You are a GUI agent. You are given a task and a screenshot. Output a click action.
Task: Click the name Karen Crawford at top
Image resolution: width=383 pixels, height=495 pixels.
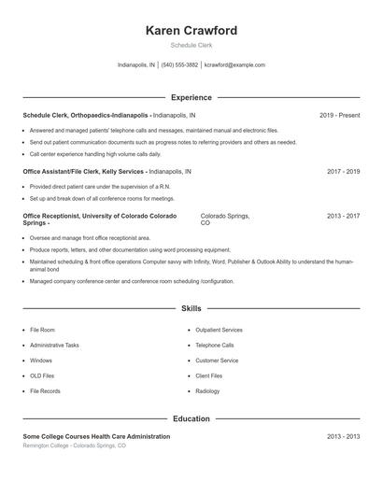[x=191, y=31]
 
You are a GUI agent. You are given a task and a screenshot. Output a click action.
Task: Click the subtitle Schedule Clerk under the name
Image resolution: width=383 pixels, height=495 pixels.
[x=191, y=46]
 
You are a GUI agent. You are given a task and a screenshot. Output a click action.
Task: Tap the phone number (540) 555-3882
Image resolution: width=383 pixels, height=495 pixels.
[x=179, y=65]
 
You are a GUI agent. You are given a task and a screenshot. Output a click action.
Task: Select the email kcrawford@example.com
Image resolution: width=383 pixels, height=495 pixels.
[x=234, y=65]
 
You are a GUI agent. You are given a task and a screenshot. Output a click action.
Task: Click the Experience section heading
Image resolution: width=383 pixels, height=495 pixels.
[x=191, y=97]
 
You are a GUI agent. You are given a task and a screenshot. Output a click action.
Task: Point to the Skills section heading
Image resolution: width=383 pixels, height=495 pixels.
[x=191, y=307]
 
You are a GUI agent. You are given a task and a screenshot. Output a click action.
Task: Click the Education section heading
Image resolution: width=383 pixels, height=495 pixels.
[x=191, y=418]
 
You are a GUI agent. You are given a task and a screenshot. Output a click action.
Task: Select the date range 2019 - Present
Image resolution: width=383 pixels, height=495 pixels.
[x=339, y=115]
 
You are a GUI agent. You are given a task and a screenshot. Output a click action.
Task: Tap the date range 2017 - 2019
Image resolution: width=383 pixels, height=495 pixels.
[x=343, y=172]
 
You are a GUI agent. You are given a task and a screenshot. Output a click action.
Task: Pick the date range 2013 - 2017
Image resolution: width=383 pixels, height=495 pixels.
[x=343, y=216]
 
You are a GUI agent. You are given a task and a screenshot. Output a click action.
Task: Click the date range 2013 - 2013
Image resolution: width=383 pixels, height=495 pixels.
[x=343, y=436]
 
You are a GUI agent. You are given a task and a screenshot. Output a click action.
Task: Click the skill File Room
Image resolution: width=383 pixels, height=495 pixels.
[x=42, y=330]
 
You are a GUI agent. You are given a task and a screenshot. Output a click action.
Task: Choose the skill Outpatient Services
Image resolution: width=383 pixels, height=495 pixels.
[x=219, y=330]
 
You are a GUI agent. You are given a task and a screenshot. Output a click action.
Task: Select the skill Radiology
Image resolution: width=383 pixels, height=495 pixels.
[x=207, y=390]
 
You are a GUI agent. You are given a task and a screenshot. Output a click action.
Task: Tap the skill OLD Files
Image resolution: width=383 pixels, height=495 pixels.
[x=43, y=375]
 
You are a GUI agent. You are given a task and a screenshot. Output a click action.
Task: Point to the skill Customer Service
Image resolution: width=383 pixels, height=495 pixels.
[x=217, y=361]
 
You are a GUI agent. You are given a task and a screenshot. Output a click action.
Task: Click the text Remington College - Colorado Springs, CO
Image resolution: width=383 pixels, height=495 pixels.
[x=74, y=445]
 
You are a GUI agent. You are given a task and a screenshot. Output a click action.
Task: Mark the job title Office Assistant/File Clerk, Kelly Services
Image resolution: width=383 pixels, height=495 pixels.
[x=84, y=172]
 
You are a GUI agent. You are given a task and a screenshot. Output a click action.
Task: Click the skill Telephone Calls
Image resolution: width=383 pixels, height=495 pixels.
[x=215, y=345]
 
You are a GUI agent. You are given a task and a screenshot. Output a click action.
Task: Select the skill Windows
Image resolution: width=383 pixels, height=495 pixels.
[x=41, y=361]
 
